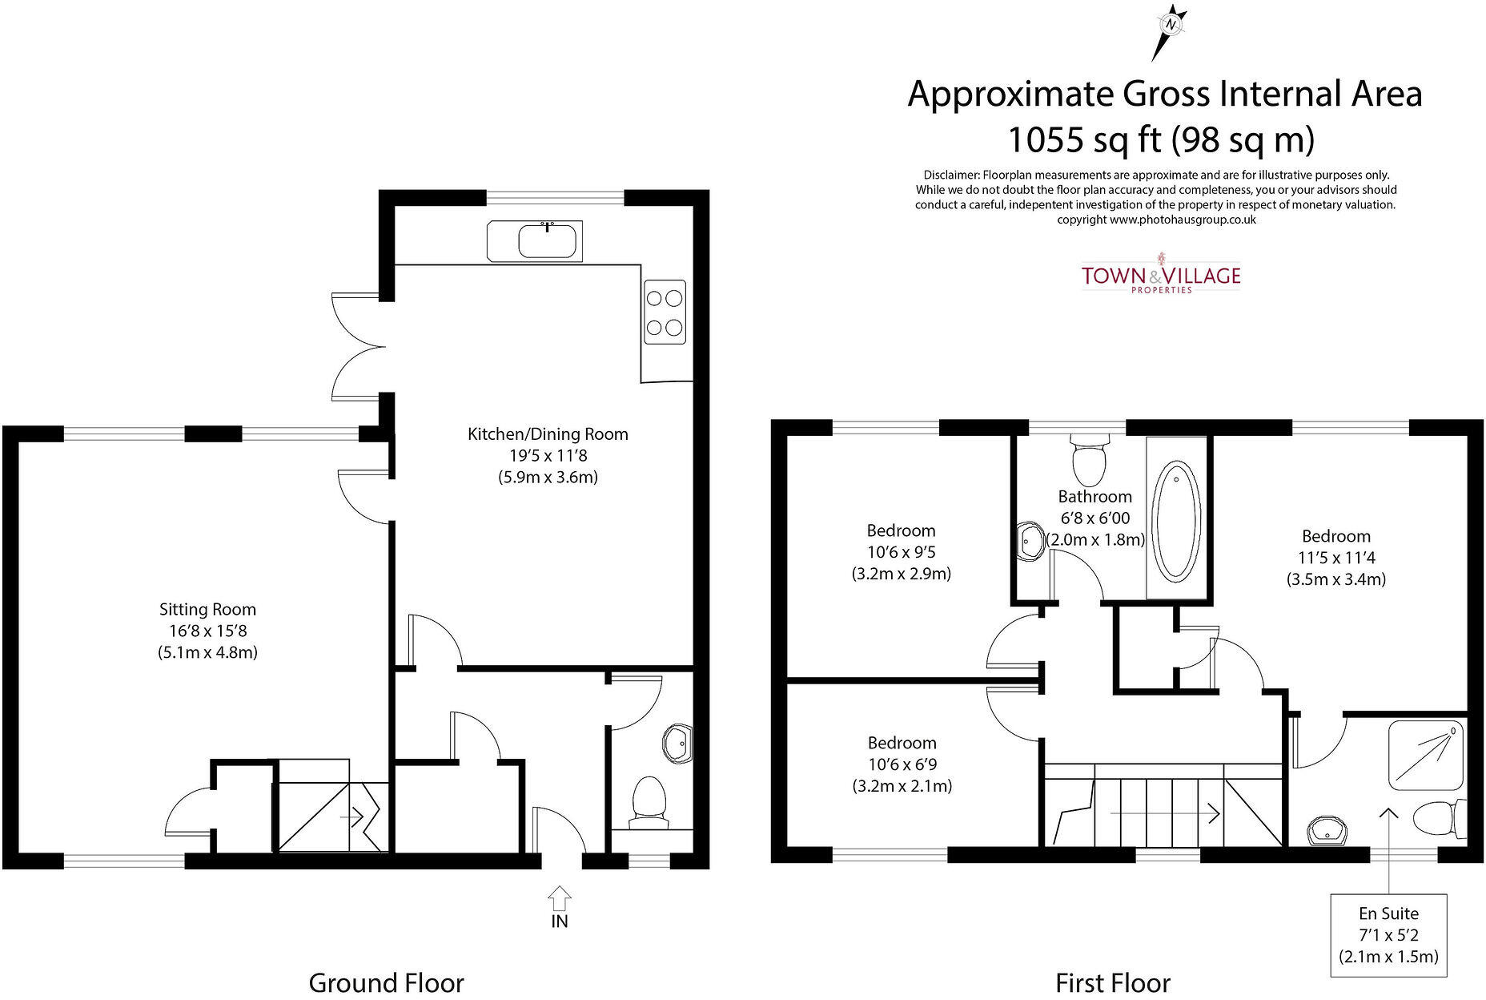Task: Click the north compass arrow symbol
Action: [x=1170, y=32]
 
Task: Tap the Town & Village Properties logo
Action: [x=1161, y=273]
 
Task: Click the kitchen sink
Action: [x=535, y=240]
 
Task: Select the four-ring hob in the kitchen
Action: [x=665, y=312]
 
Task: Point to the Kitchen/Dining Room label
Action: [x=548, y=434]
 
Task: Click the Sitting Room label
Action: [x=207, y=610]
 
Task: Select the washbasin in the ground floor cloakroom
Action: [x=677, y=744]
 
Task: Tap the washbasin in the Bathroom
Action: [x=1030, y=542]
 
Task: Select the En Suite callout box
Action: [x=1389, y=935]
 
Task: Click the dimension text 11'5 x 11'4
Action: [x=1335, y=558]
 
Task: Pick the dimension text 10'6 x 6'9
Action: [x=902, y=764]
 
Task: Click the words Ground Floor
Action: [x=386, y=982]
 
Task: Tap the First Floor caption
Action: [x=1113, y=982]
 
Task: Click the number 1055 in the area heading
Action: [x=1044, y=139]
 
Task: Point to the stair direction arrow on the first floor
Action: [x=1165, y=814]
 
